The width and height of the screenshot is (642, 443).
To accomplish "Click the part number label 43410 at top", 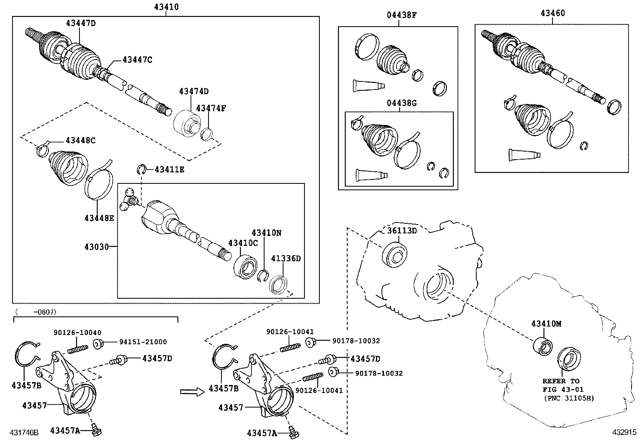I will [x=166, y=6].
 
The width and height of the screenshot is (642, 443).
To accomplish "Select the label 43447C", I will [x=137, y=60].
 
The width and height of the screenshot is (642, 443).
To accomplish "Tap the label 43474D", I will [x=194, y=92].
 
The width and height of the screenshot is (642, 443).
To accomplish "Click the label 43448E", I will [x=99, y=218].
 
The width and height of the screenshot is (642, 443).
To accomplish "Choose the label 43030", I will [x=97, y=246].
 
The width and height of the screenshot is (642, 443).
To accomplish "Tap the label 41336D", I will [x=286, y=258].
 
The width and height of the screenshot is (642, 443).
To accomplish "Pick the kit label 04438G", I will [x=402, y=103].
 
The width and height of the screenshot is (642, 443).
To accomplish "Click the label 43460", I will [x=552, y=13].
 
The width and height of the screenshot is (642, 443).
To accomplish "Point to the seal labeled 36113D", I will [x=394, y=254].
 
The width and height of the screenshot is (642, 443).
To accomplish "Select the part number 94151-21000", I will [x=143, y=342].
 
